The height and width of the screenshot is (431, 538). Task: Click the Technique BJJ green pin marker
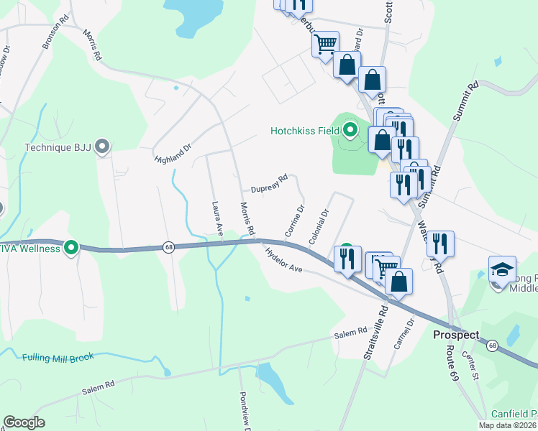102,147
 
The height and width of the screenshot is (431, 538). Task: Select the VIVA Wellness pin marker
71,249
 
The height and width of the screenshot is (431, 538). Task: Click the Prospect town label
456,335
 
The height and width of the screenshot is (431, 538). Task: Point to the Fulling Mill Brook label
58,357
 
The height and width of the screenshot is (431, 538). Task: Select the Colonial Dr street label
318,225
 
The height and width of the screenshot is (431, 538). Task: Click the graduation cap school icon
502,269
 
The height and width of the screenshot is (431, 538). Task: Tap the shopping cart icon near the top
325,43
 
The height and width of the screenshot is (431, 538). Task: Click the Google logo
24,422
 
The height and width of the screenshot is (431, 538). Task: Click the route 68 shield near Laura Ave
168,246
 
